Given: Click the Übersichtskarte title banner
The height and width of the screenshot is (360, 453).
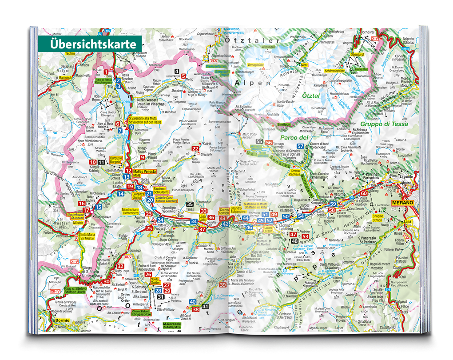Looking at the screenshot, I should (89, 44).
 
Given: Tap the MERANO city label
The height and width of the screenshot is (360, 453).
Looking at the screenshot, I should (403, 203).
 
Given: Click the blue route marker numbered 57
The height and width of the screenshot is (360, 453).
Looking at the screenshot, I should (301, 147).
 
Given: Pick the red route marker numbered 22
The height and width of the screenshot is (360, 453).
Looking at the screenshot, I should (195, 149).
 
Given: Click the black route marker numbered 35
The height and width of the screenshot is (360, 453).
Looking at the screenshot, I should (190, 204).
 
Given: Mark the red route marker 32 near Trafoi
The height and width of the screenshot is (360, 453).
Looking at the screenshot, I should (120, 266).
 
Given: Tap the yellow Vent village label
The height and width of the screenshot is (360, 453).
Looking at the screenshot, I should (304, 65).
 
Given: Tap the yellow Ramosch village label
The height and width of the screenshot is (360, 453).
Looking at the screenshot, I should (65, 78).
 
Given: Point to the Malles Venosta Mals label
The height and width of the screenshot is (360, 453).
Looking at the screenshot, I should (144, 173).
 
